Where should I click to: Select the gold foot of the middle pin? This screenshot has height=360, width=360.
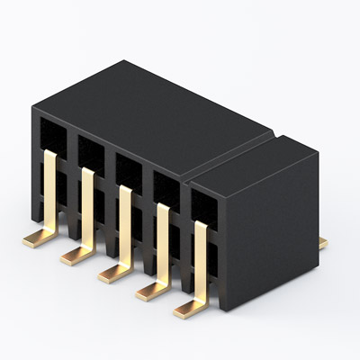(x=112, y=273)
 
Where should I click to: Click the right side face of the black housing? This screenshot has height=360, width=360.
(x=270, y=234)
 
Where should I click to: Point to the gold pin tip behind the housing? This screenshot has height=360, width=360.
(x=323, y=243)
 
